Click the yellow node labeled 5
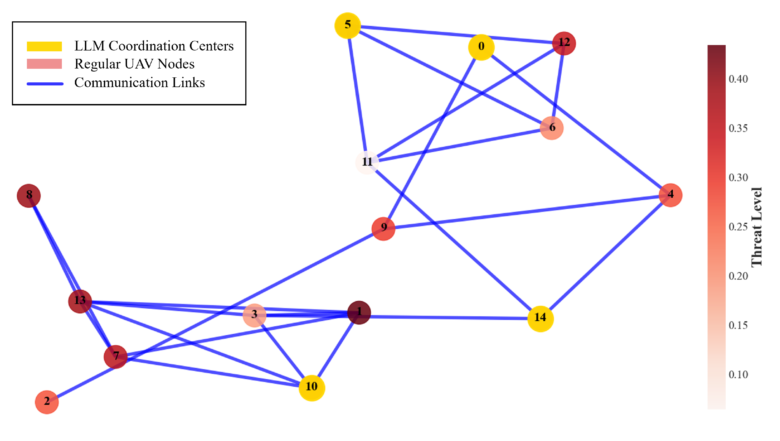[x=348, y=26]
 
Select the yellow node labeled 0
[x=481, y=47]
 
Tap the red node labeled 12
[x=564, y=43]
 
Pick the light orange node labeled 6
[x=552, y=128]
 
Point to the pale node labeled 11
[x=367, y=162]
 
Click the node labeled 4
[x=671, y=195]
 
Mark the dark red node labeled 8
[x=29, y=196]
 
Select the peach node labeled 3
[x=254, y=315]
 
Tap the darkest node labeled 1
[x=359, y=313]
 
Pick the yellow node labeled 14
[x=540, y=319]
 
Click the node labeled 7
[x=115, y=357]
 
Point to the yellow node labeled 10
[x=312, y=388]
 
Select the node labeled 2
[x=47, y=402]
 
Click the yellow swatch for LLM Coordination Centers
[x=44, y=46]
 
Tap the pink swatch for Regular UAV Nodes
[x=44, y=64]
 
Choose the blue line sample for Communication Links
[x=45, y=83]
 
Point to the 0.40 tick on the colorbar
[x=738, y=79]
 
